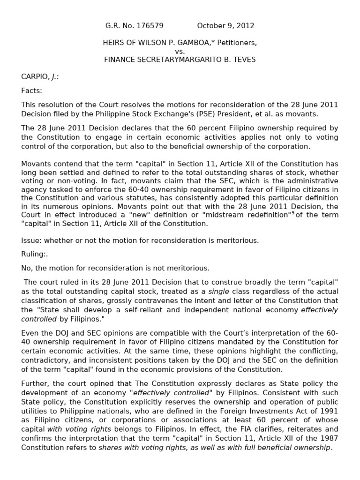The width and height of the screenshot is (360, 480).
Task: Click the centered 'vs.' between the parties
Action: [180, 51]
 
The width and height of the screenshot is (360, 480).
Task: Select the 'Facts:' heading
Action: [31, 90]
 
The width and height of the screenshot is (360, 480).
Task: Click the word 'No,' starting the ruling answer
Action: [27, 268]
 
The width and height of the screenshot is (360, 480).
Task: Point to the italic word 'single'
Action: [219, 291]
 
